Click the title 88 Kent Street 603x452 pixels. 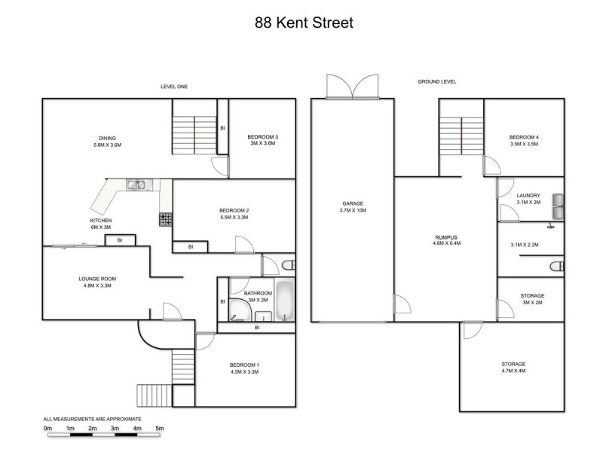click(x=303, y=23)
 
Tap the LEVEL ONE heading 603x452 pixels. click(x=174, y=87)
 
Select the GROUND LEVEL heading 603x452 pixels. click(x=437, y=81)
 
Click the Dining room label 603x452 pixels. click(x=107, y=138)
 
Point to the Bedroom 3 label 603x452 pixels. click(x=262, y=136)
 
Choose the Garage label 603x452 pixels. click(x=353, y=203)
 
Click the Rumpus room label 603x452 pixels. click(x=445, y=237)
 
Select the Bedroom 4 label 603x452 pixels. click(x=524, y=137)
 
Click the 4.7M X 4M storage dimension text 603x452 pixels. click(x=514, y=371)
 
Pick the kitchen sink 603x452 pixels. click(x=136, y=184)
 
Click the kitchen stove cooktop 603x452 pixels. click(x=164, y=220)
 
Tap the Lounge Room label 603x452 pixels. click(x=97, y=279)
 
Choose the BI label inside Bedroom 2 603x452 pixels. click(x=191, y=246)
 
